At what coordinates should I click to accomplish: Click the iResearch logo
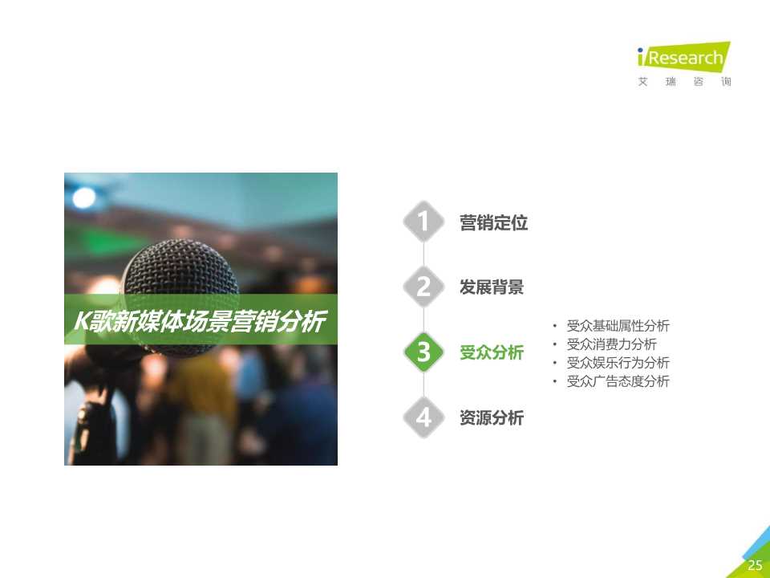[x=683, y=58]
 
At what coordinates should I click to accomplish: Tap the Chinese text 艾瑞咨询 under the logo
[x=684, y=82]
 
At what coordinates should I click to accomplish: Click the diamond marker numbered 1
[x=423, y=222]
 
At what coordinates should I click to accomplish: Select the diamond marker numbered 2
[x=423, y=287]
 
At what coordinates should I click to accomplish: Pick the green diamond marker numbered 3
[x=423, y=352]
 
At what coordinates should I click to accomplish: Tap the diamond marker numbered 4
[x=423, y=417]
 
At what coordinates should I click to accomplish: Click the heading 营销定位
[x=493, y=223]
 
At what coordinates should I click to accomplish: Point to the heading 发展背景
[x=491, y=287]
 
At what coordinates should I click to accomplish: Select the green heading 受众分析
[x=491, y=352]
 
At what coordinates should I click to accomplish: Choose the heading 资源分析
[x=491, y=418]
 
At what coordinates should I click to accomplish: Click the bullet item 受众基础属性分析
[x=618, y=326]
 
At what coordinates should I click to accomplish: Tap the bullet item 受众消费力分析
[x=611, y=344]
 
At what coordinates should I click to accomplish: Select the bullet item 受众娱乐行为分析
[x=618, y=363]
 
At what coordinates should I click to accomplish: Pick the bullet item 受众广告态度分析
[x=618, y=381]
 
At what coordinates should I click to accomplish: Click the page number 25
[x=754, y=565]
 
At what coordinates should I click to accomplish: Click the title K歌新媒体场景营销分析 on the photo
[x=200, y=322]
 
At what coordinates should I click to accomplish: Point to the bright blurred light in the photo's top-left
[x=83, y=196]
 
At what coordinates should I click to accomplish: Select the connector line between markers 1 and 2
[x=423, y=254]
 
